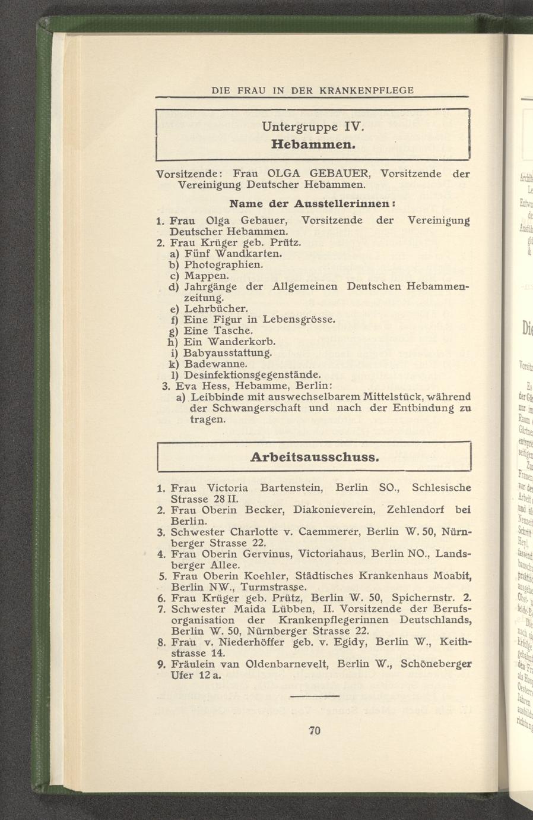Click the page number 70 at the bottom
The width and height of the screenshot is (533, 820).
(x=315, y=731)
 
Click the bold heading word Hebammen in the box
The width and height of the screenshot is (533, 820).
(x=313, y=144)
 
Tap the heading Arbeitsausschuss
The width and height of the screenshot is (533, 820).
(x=315, y=458)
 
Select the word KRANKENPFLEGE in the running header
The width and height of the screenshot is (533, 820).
(x=366, y=90)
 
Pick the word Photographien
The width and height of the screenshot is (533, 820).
(x=224, y=264)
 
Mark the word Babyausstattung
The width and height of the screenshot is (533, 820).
(x=227, y=353)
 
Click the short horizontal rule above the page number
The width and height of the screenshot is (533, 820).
(x=315, y=696)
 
